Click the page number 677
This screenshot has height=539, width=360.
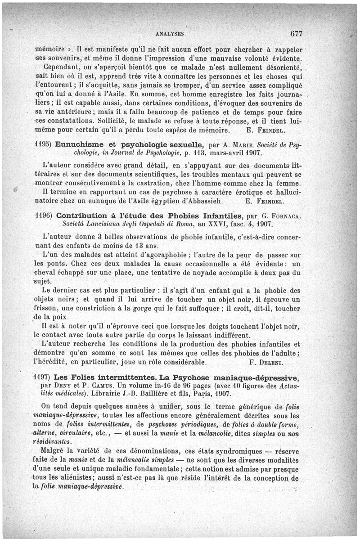point(298,33)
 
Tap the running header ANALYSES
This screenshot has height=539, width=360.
point(170,34)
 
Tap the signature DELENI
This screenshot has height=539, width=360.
point(280,362)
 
